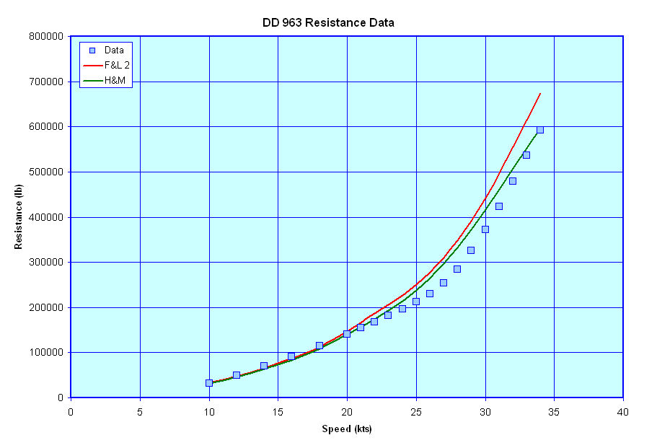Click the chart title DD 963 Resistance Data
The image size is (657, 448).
(x=328, y=23)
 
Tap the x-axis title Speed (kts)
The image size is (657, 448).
(x=346, y=429)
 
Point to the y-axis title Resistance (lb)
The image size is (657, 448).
(x=18, y=216)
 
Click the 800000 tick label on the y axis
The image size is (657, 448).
(x=47, y=36)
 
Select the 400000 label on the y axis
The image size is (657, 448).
(x=47, y=217)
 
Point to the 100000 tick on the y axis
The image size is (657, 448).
(x=47, y=353)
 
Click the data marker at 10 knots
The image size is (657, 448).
(x=209, y=383)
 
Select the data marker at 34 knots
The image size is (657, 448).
(x=540, y=130)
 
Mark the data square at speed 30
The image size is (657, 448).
(x=485, y=229)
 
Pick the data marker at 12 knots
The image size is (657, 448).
(x=237, y=375)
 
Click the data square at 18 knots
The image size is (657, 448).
(x=319, y=346)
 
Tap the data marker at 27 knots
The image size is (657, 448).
(x=444, y=283)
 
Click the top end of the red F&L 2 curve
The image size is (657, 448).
(x=540, y=93)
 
